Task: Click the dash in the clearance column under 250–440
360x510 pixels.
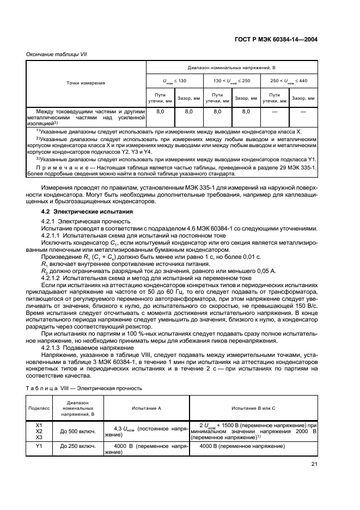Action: coord(303,111)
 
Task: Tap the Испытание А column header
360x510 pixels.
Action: coord(147,408)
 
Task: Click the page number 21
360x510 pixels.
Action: coord(314,464)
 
